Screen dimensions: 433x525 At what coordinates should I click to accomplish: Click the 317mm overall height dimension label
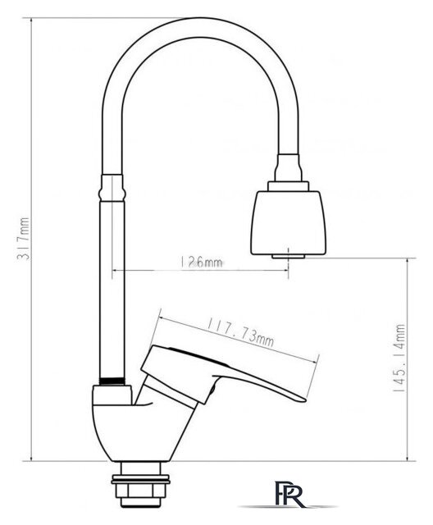pos(24,238)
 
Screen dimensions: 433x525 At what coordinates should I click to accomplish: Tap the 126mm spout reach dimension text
pos(202,262)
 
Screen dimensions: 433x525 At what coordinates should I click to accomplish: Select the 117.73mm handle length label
pos(240,331)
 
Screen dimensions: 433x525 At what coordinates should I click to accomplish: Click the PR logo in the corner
pos(289,494)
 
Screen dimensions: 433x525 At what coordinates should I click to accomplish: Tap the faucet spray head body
pos(288,222)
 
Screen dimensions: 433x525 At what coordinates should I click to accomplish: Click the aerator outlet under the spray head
pos(288,257)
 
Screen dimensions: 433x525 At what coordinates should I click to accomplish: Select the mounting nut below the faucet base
pos(140,491)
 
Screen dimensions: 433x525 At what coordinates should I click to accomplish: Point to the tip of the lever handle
pos(304,399)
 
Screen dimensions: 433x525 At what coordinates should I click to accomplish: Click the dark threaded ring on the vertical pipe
pos(112,381)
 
